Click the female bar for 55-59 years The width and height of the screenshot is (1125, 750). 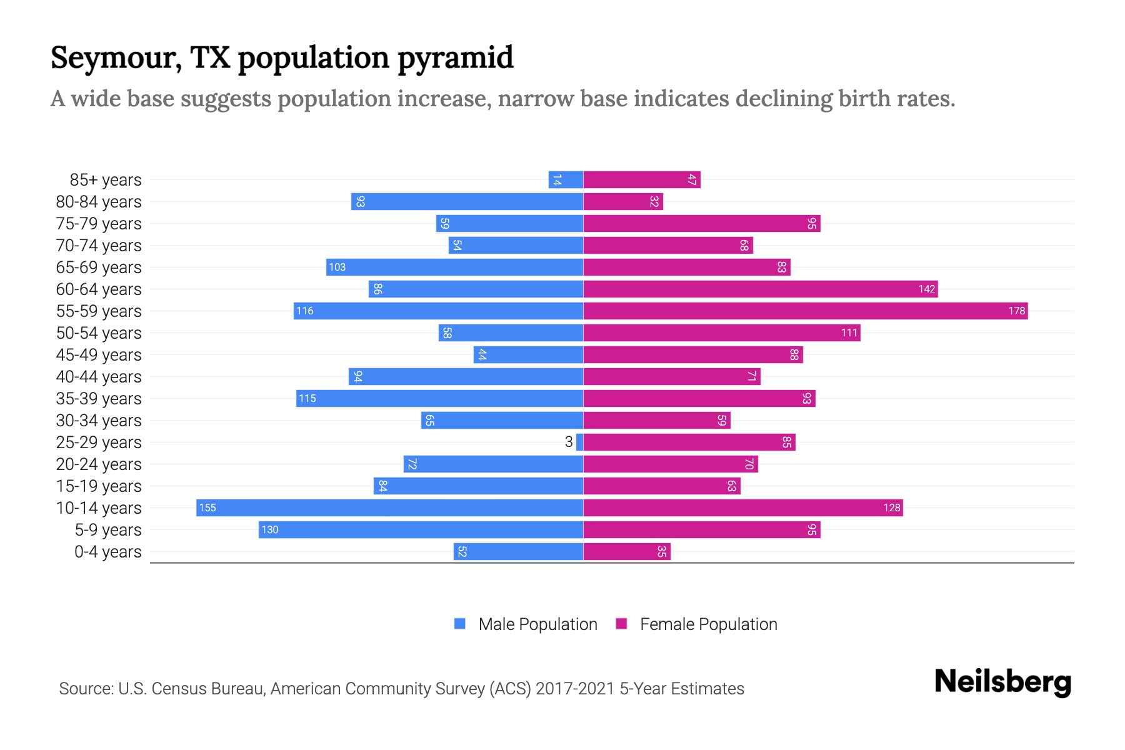[x=805, y=311]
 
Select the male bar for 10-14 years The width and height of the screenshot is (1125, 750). [x=389, y=507]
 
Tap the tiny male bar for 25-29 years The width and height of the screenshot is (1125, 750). [x=579, y=442]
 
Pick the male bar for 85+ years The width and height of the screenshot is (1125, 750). [x=566, y=179]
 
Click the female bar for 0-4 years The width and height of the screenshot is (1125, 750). [x=626, y=551]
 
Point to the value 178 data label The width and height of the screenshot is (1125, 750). [x=1016, y=311]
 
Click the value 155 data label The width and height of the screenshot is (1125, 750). [x=207, y=507]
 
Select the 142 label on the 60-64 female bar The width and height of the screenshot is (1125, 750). [x=926, y=289]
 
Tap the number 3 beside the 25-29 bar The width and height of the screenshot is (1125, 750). [x=568, y=442]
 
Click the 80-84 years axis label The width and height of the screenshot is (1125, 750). [x=99, y=201]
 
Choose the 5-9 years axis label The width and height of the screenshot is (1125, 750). [x=108, y=529]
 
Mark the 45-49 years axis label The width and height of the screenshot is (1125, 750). [x=99, y=354]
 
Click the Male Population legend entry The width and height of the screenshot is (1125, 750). [x=537, y=624]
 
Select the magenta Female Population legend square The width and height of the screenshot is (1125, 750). [x=621, y=624]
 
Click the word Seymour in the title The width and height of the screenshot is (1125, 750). [x=116, y=57]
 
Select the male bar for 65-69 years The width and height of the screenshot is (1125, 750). [x=454, y=267]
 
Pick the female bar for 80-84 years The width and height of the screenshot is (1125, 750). [x=622, y=201]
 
